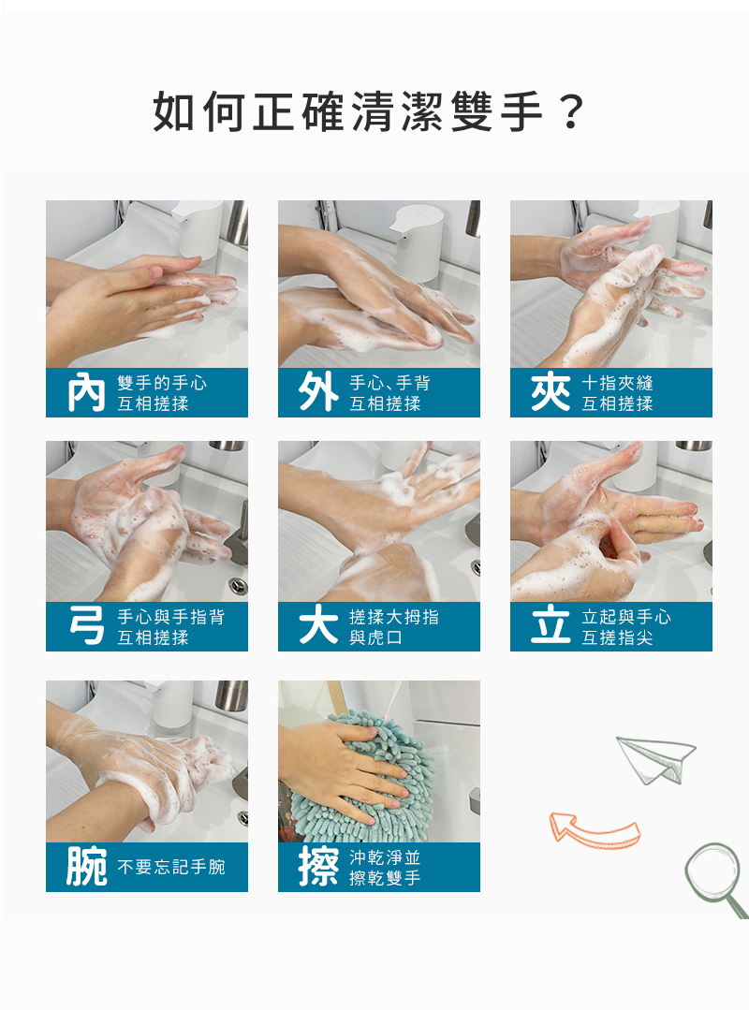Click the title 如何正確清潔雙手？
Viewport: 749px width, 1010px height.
pos(369,111)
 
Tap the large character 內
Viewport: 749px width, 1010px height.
pos(86,392)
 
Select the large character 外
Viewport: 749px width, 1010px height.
pos(318,392)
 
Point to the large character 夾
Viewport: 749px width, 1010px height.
pos(551,392)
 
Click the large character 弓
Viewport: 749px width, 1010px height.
pos(87,626)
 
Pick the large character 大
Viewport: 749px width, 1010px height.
pos(318,626)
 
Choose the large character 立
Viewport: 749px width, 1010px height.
pos(551,626)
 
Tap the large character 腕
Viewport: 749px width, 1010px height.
pos(87,867)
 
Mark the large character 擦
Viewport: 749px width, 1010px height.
pos(318,867)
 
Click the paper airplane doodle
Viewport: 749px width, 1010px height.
pos(655,759)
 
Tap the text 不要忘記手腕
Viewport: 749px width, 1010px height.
pos(171,867)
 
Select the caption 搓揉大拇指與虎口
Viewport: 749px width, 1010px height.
pos(394,627)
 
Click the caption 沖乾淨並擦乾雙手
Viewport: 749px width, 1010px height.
pos(385,867)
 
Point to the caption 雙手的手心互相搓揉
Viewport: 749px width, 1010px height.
pos(162,393)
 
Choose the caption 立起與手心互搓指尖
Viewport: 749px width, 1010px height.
pos(626,627)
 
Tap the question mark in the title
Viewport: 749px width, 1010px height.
pos(572,111)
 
